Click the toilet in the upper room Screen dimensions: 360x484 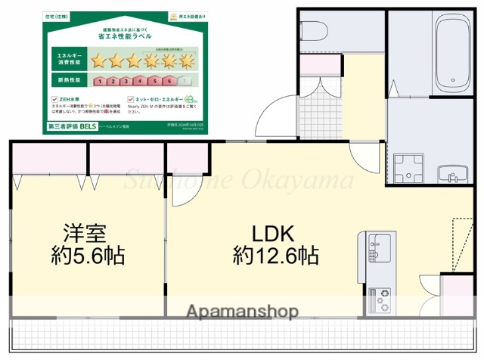316,30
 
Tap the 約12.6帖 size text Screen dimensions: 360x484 275,256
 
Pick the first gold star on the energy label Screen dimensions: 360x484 99,61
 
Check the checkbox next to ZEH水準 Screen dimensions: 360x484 54,99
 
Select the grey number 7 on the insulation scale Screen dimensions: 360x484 186,79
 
